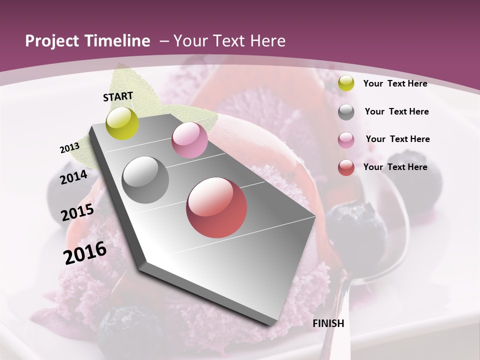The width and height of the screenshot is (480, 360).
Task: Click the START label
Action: pos(118,96)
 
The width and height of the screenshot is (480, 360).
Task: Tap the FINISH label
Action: pos(328,323)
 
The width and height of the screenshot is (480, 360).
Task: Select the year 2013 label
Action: pos(69,148)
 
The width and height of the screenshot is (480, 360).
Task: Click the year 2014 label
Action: pos(73,177)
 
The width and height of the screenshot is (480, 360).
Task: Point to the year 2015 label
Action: pos(77,212)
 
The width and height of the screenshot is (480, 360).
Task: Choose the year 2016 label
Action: pos(85,253)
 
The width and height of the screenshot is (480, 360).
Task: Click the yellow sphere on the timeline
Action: pos(122,123)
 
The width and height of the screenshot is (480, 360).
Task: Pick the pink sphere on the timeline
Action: pos(189,140)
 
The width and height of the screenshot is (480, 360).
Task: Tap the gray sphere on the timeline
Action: pos(145,180)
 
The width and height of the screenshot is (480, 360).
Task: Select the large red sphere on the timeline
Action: pos(216,207)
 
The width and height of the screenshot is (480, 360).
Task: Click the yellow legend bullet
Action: pos(345,83)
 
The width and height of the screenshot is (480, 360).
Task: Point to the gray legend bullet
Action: pos(345,112)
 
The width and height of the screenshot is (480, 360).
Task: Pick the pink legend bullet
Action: pos(345,140)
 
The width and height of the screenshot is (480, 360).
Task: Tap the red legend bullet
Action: pos(345,168)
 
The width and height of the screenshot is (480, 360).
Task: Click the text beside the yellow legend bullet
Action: pos(395,83)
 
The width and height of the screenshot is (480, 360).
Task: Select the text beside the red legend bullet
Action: pos(395,167)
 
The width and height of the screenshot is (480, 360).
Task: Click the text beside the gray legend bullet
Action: pos(396,111)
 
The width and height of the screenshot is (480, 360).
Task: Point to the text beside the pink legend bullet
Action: pos(397,139)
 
